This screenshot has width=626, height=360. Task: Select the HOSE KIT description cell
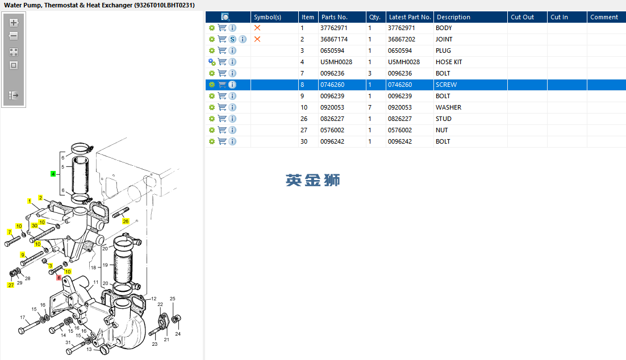(449, 62)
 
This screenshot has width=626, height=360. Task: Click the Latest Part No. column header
(410, 17)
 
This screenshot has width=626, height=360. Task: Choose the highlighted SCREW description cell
(446, 85)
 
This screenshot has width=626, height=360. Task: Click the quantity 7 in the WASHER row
(370, 107)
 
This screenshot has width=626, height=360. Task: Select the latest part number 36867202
(402, 39)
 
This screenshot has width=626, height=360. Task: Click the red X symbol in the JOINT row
(257, 39)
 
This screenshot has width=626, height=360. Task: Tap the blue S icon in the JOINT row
(232, 39)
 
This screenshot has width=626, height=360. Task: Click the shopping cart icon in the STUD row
(222, 119)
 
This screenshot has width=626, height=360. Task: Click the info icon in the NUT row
(232, 130)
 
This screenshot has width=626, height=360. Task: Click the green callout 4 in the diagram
(53, 174)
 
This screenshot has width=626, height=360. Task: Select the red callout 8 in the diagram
(59, 278)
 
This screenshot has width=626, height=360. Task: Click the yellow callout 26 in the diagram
(126, 221)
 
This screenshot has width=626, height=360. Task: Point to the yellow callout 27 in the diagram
(11, 285)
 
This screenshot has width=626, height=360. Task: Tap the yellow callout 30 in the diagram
(35, 225)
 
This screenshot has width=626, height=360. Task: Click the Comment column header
(604, 17)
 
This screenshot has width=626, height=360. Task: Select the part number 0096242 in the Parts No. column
(332, 141)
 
